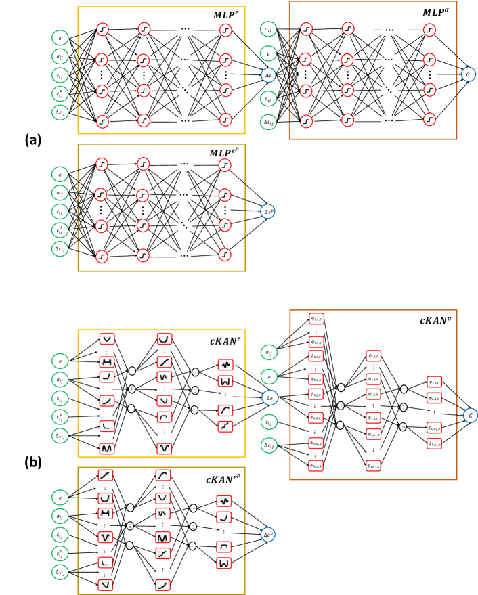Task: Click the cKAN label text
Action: (x=225, y=341)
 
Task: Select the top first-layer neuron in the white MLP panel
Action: (x=102, y=29)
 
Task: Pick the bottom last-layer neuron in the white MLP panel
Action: (x=225, y=120)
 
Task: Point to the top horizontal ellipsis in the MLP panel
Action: (x=185, y=29)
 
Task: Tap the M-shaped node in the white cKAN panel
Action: (x=107, y=448)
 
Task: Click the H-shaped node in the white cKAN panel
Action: (x=107, y=362)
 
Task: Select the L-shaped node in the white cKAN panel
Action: (x=107, y=426)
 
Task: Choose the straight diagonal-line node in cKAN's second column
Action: (x=165, y=362)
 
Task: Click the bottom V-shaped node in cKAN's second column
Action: (x=165, y=448)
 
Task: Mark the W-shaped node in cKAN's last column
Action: (x=225, y=381)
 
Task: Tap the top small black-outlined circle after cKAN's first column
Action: (x=132, y=371)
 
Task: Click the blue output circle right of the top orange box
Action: (x=469, y=74)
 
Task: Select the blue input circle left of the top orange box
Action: (x=268, y=75)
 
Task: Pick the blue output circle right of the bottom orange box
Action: (x=471, y=416)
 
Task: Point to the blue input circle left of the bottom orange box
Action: (x=270, y=397)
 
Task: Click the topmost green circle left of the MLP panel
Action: (x=60, y=38)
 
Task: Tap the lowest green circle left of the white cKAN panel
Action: (x=60, y=436)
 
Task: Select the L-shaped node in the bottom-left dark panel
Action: (x=106, y=563)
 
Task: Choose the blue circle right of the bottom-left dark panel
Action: (x=268, y=535)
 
